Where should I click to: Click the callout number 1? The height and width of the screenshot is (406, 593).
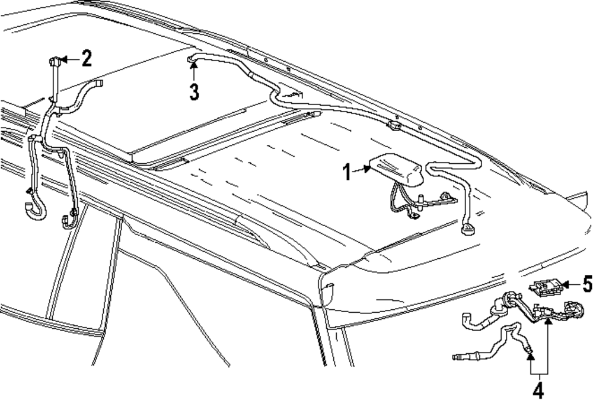[346, 173]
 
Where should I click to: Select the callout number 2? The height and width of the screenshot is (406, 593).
[87, 58]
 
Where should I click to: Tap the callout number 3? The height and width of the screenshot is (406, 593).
[193, 92]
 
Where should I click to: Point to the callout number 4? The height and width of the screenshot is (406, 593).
[538, 392]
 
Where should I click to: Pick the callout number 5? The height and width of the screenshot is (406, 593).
[586, 286]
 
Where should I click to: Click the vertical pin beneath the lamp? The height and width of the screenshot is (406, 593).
[420, 202]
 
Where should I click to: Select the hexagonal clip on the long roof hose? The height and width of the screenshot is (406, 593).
[393, 126]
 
